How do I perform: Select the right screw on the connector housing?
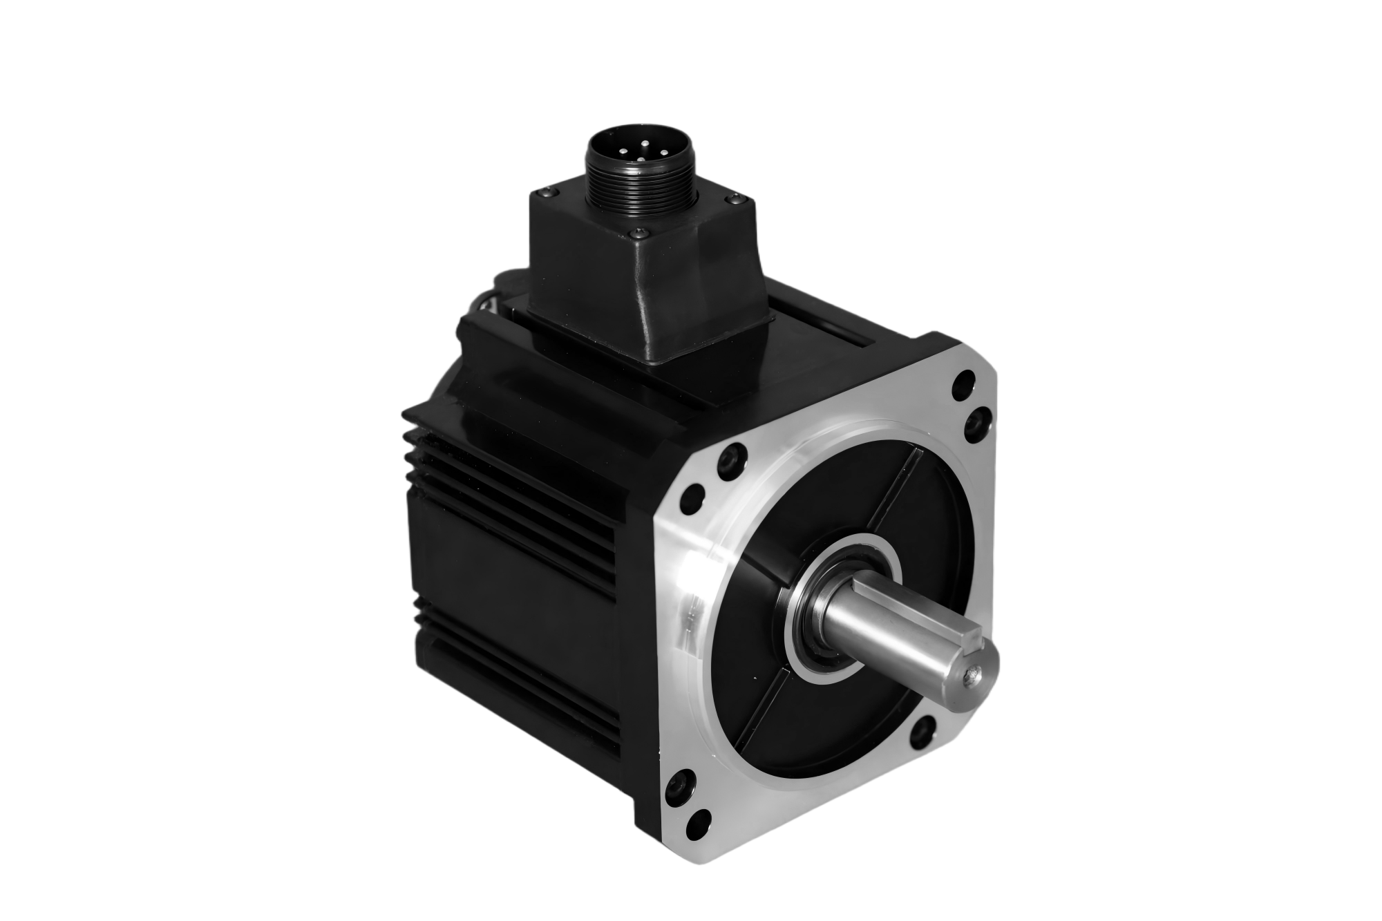tap(735, 198)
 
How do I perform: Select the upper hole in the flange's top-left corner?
tap(730, 457)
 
